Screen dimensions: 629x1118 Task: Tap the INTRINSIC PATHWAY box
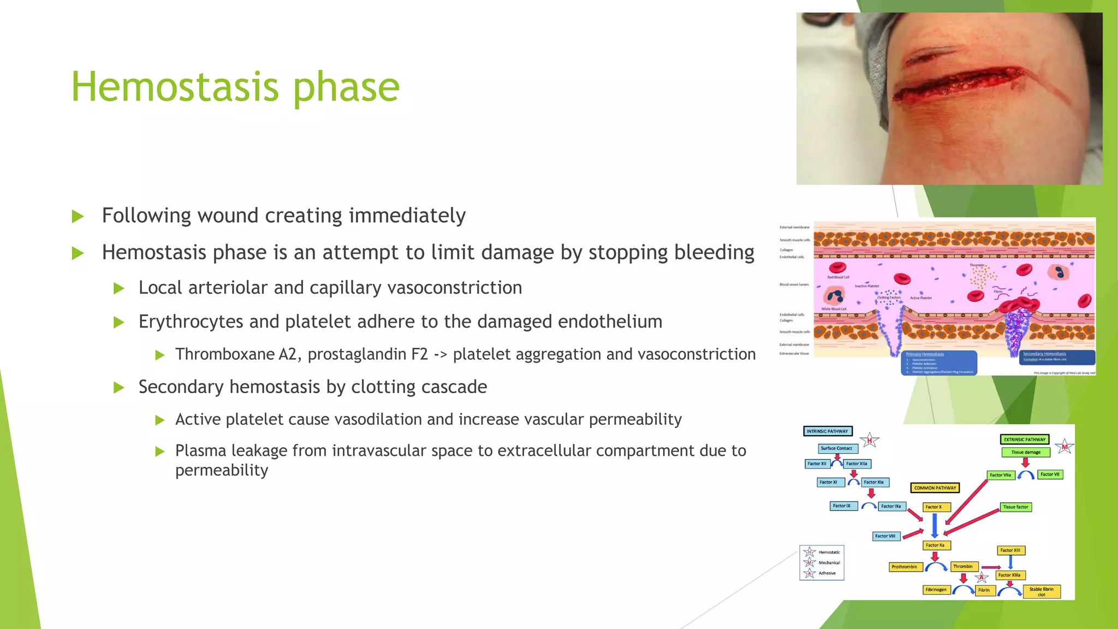coord(828,431)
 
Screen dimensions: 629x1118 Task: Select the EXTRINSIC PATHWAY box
coord(1025,440)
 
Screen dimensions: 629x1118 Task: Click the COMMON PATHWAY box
coord(935,488)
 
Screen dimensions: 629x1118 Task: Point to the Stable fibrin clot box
coord(1041,592)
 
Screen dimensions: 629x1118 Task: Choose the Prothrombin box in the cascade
coord(905,567)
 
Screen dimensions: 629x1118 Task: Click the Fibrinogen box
coord(936,590)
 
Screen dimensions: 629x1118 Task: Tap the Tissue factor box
coord(1015,507)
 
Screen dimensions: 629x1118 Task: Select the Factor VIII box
coord(885,536)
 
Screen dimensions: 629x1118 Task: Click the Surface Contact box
coord(836,448)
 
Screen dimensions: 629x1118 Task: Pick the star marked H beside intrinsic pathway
coord(870,441)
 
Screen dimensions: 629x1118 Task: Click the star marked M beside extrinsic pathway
coord(1064,447)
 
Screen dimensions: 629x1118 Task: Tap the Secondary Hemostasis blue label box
coord(1058,357)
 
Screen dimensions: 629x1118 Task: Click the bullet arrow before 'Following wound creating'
coord(78,216)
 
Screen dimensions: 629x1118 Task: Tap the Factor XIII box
coord(1010,550)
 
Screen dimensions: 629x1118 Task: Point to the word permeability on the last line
coord(222,470)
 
